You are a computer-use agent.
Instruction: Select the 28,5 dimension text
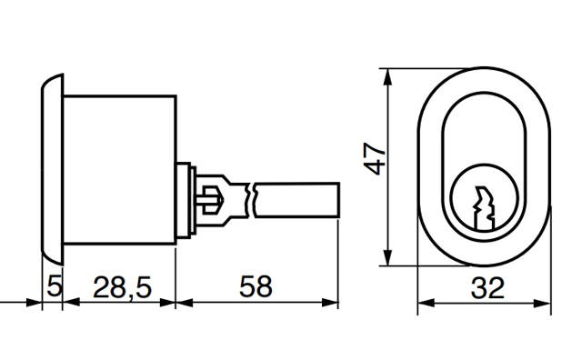[x=121, y=289]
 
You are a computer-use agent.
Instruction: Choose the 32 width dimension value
[x=487, y=290]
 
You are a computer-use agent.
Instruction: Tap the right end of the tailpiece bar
[x=337, y=199]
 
